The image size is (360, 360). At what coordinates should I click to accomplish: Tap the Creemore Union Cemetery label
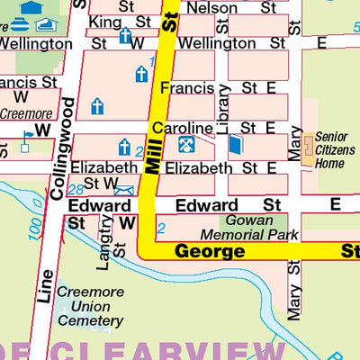90,306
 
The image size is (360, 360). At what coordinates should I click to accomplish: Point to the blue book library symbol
235,144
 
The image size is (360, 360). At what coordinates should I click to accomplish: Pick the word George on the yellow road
209,251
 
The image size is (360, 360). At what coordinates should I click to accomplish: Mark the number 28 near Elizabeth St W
76,188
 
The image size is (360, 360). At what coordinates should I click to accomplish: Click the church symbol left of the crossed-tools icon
124,146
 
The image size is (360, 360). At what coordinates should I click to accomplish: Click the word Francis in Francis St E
187,88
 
